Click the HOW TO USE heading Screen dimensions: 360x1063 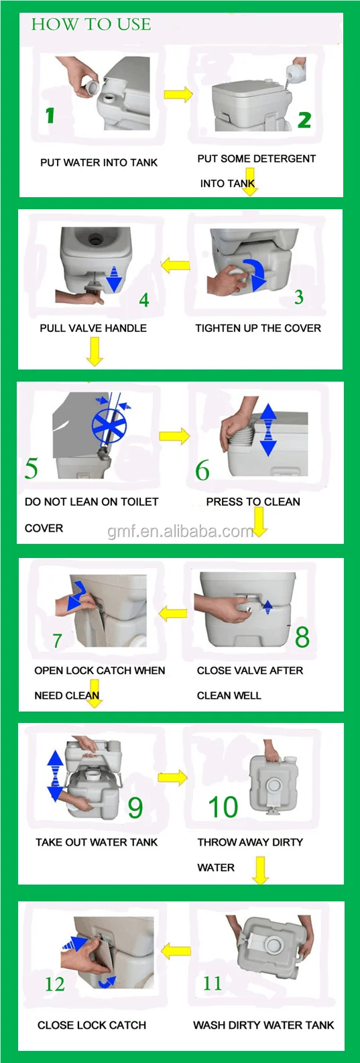[91, 24]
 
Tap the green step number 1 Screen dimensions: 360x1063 [50, 116]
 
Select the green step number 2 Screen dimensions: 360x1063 [304, 120]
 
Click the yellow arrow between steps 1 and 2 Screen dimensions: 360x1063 [178, 95]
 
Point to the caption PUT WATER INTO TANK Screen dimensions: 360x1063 [99, 163]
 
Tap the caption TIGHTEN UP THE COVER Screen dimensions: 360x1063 [258, 328]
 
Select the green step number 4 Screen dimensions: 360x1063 [143, 300]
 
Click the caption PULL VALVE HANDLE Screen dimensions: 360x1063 [93, 328]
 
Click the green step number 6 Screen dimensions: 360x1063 [202, 470]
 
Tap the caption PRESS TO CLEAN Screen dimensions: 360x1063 [253, 502]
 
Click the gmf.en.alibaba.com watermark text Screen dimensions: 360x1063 [181, 531]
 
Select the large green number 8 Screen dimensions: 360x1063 [302, 637]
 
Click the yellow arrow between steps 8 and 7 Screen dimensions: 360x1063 [173, 614]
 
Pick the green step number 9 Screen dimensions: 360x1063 [135, 807]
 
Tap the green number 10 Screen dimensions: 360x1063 [223, 807]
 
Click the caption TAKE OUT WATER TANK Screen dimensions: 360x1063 [97, 842]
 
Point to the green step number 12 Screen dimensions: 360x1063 [54, 984]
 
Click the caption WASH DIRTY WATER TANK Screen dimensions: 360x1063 [263, 1025]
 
